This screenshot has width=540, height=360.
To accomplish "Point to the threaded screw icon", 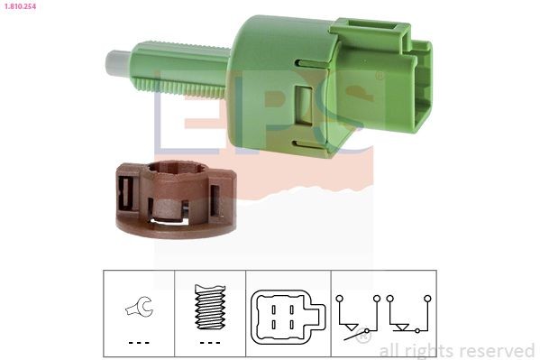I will [x=208, y=307].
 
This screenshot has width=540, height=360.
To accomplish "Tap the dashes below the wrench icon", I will [x=138, y=343].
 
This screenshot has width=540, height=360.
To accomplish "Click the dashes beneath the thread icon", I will [x=208, y=343].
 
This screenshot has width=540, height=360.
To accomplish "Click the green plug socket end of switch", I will [x=415, y=81].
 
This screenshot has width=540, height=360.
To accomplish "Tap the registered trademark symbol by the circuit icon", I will [x=362, y=337].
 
